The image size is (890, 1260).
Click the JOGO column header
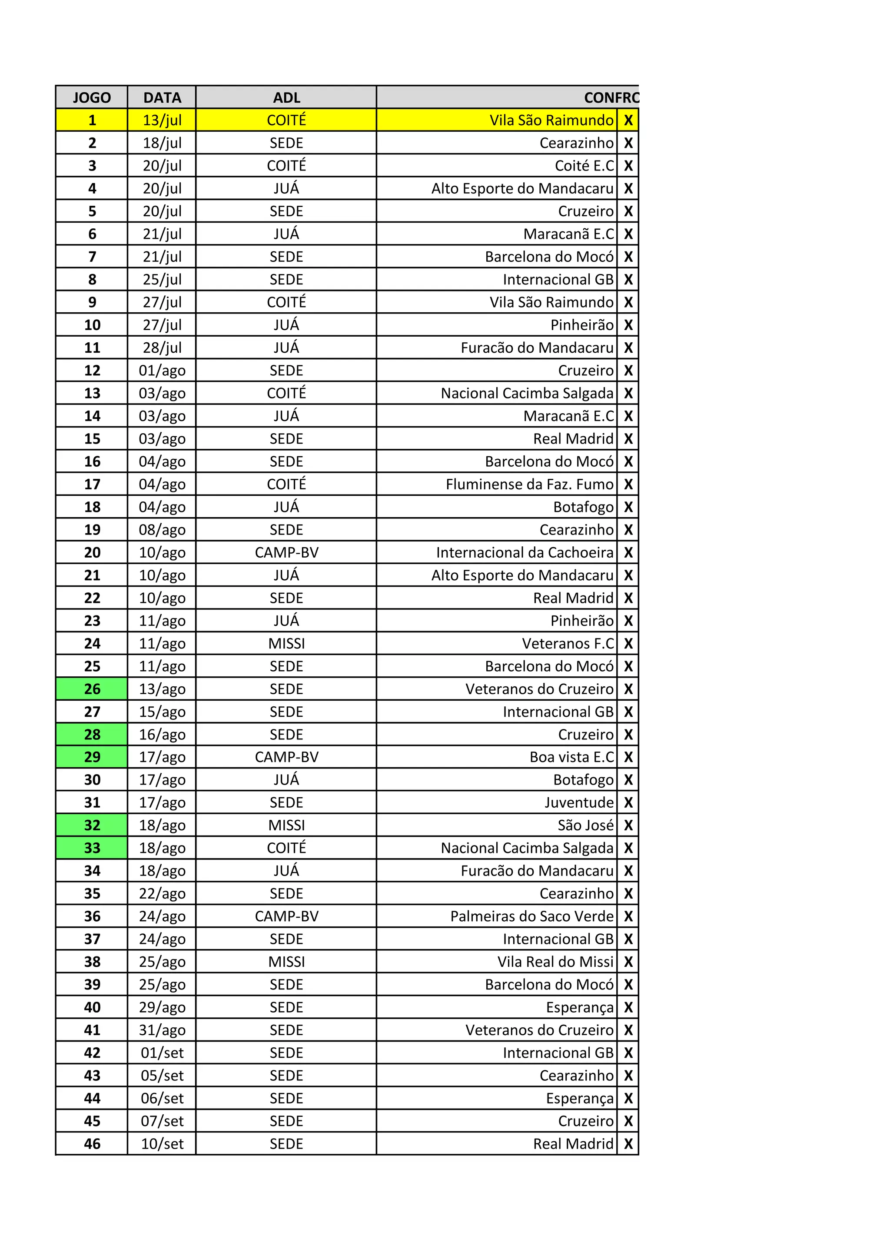[x=92, y=98]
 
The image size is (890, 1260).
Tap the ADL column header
[x=286, y=98]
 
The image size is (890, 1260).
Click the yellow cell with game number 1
[x=92, y=120]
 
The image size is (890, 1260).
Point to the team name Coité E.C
[x=584, y=166]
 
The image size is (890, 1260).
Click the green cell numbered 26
[x=92, y=689]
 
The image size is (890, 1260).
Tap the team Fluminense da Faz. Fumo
[x=529, y=484]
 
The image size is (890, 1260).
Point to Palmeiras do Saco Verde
[x=531, y=916]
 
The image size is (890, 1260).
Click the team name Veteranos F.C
[x=568, y=643]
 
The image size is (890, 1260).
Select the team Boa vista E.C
[x=571, y=757]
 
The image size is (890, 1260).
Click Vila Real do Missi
[x=555, y=962]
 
